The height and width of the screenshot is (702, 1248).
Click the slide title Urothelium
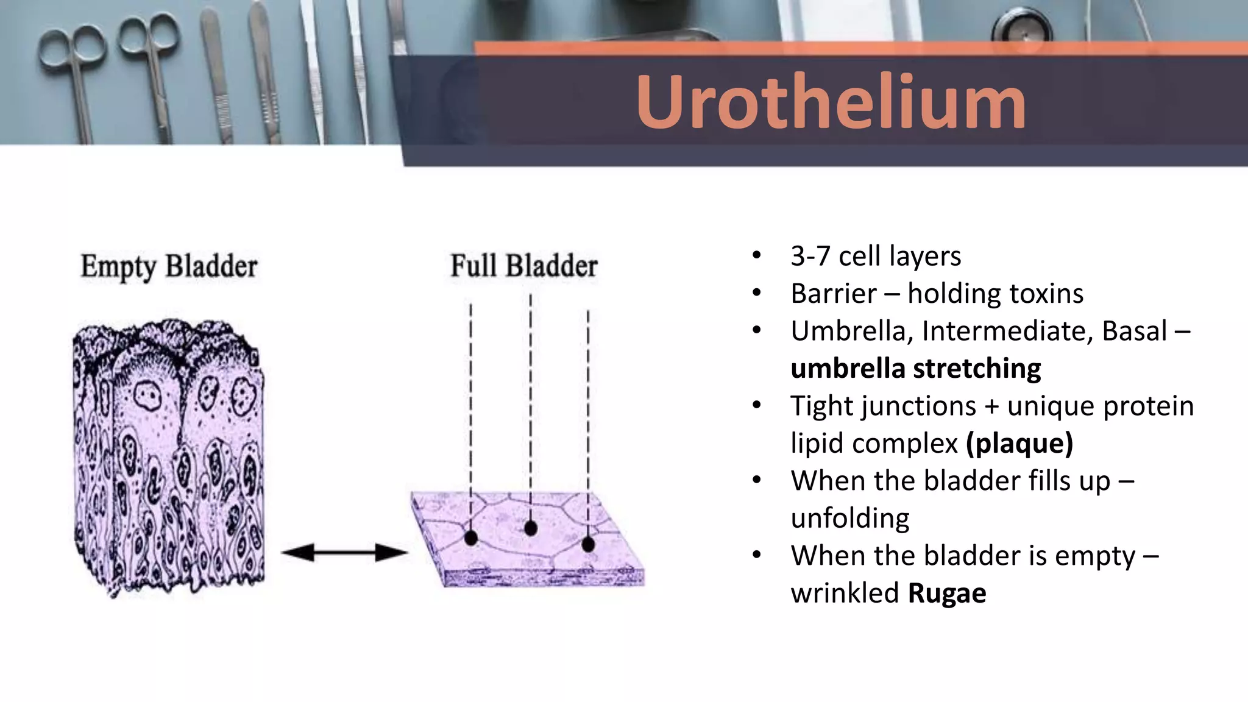pyautogui.click(x=831, y=102)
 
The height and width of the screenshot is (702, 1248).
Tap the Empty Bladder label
pyautogui.click(x=169, y=266)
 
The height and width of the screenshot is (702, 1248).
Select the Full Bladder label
pyautogui.click(x=524, y=266)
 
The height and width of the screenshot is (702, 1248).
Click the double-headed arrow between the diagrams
pyautogui.click(x=344, y=553)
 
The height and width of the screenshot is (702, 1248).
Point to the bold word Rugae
pyautogui.click(x=946, y=593)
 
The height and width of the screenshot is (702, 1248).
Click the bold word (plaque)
pyautogui.click(x=1019, y=443)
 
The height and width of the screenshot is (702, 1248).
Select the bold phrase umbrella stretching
pyautogui.click(x=915, y=369)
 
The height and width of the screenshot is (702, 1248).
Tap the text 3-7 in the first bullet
pyautogui.click(x=810, y=257)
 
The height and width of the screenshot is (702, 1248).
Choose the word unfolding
pyautogui.click(x=849, y=519)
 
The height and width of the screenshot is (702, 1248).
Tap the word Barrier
pyautogui.click(x=833, y=294)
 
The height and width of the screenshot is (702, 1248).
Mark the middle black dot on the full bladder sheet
pyautogui.click(x=531, y=528)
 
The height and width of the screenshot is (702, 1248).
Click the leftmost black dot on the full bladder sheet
pyautogui.click(x=471, y=537)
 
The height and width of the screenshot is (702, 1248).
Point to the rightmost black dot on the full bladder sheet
pyautogui.click(x=588, y=544)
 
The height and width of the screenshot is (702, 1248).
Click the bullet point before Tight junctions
pyautogui.click(x=757, y=406)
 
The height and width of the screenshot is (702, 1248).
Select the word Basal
pyautogui.click(x=1134, y=331)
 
